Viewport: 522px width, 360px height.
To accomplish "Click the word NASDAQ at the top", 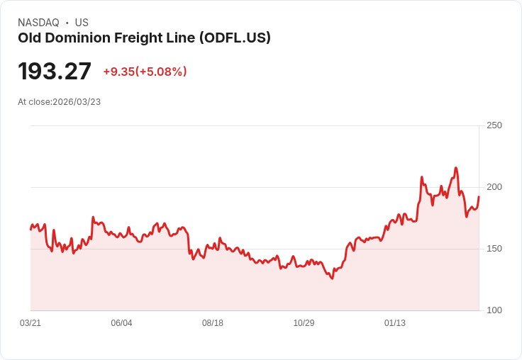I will tap(38, 23).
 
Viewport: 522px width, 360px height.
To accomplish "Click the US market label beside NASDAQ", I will tap(82, 23).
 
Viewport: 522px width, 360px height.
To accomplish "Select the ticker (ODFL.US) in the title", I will tap(235, 38).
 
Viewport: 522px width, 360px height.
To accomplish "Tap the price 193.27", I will tap(55, 72).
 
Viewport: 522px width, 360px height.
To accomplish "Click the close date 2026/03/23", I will tap(77, 102).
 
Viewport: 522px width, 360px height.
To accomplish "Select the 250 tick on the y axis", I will tap(494, 125).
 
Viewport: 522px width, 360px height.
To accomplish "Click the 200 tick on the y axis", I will tap(494, 187).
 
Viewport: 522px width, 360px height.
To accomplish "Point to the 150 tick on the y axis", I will tap(494, 249).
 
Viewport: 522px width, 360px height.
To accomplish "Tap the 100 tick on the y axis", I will tap(494, 310).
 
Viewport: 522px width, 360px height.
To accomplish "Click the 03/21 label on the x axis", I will tap(30, 323).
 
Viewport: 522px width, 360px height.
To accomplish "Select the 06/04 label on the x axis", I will tap(121, 323).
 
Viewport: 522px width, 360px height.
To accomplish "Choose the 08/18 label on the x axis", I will tap(213, 323).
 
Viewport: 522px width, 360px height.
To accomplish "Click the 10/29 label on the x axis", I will tap(304, 323).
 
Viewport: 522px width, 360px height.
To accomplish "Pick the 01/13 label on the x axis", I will tap(395, 323).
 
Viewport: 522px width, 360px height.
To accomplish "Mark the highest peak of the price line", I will tap(456, 168).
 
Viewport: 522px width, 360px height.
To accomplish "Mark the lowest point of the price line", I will tap(331, 279).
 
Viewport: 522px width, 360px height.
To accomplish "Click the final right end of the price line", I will tap(479, 197).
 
